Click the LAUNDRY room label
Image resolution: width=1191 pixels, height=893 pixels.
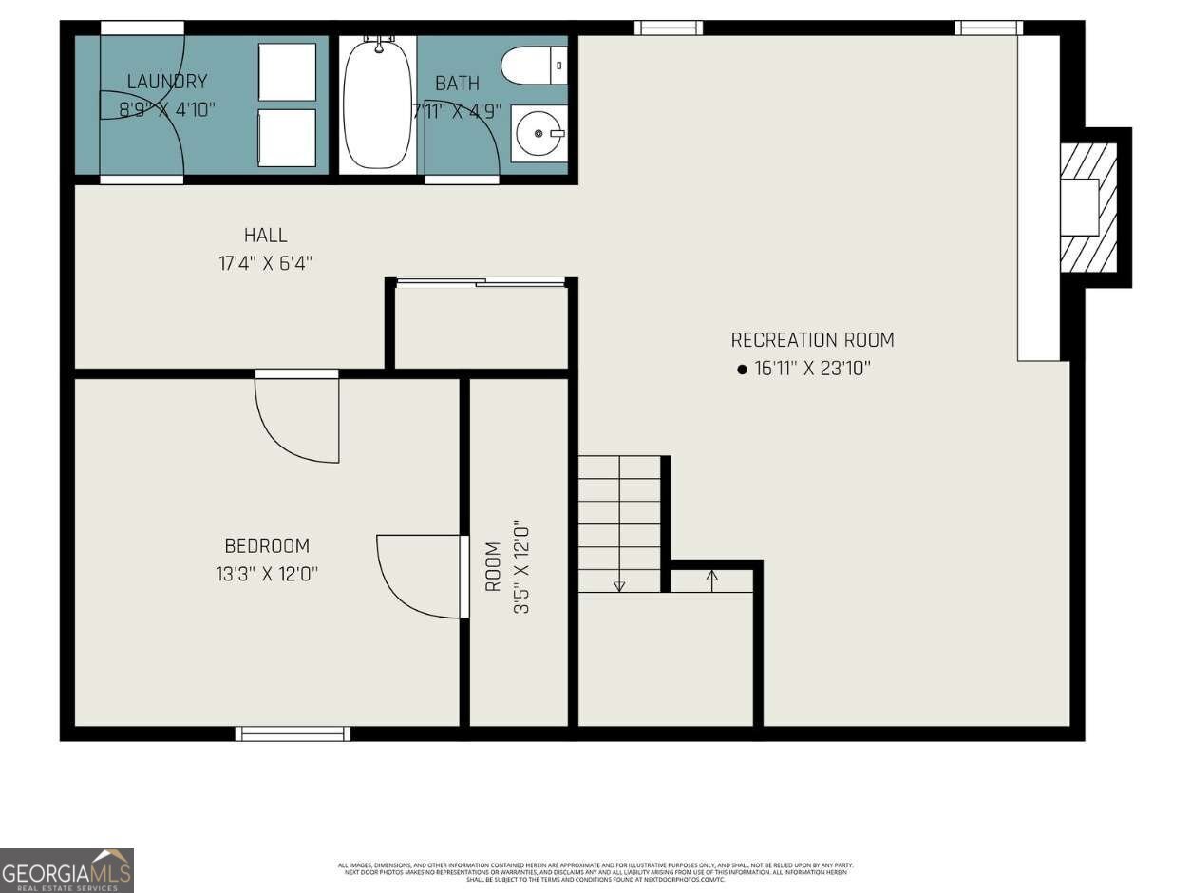167,83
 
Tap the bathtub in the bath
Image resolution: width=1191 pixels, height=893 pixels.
378,104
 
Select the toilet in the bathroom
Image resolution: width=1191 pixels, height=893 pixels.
532,66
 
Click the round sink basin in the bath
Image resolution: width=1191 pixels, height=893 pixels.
539,134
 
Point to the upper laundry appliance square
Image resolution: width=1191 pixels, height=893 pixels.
287,72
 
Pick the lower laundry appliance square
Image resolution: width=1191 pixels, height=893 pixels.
287,138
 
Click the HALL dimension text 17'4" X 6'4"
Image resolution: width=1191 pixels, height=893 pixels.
265,262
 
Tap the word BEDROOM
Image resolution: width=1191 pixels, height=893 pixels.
267,546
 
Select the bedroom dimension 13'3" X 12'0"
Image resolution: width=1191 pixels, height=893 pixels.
267,574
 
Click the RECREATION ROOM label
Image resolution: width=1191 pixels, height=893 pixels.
812,340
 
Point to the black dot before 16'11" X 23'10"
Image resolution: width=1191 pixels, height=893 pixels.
743,370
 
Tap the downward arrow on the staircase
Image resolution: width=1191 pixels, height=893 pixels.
619,584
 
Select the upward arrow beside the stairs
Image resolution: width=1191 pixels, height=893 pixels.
712,577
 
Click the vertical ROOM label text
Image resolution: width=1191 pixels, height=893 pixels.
493,566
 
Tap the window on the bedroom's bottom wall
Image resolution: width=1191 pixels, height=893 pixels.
293,733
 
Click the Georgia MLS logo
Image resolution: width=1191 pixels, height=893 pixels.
66,870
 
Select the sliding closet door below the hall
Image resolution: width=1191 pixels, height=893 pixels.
480,281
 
